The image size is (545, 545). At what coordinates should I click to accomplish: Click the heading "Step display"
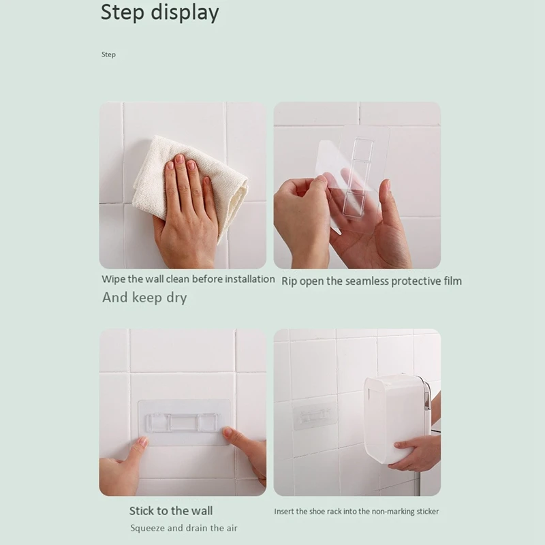click(159, 13)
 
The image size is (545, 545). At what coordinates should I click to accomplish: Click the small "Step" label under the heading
click(108, 54)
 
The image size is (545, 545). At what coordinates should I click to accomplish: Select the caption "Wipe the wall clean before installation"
click(188, 279)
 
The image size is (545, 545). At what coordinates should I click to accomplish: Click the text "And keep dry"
click(144, 298)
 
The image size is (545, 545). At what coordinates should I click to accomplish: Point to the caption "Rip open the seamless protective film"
click(371, 281)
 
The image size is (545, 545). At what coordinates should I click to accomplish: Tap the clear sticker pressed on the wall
click(185, 423)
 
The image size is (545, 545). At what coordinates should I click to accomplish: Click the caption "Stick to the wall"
click(171, 511)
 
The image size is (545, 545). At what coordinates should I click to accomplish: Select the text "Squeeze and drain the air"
click(184, 528)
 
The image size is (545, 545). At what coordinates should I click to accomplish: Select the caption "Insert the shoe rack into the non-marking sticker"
click(356, 512)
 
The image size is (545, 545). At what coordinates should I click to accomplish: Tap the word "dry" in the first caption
click(175, 298)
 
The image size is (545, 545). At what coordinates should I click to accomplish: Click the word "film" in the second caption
click(450, 281)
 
